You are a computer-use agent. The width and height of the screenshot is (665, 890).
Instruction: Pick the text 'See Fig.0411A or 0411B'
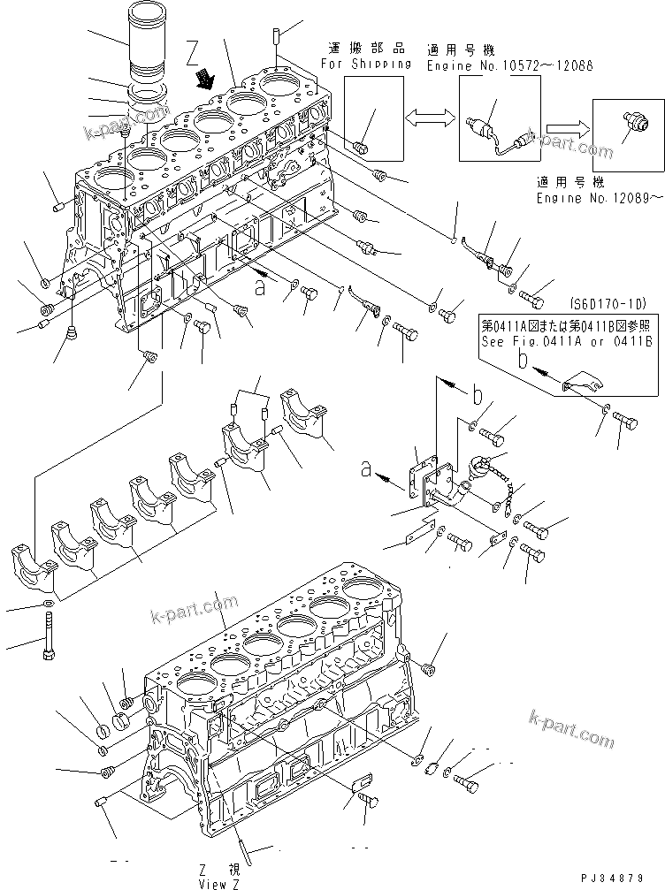[567, 340]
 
